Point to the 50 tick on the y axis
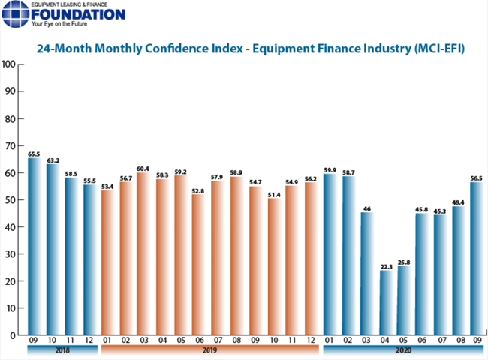pos(11,200)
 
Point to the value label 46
pos(366,208)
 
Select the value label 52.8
pos(198,190)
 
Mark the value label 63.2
pos(52,160)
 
